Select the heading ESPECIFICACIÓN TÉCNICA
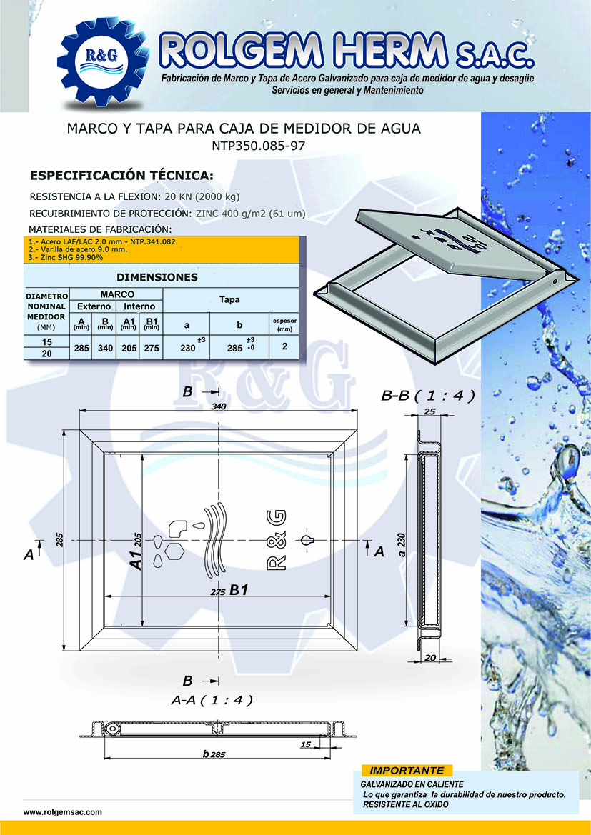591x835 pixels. [121, 176]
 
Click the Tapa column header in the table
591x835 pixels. [229, 300]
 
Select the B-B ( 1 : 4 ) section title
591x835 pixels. [428, 396]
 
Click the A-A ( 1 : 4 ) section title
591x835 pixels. [212, 701]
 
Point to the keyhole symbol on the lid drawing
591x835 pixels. [308, 540]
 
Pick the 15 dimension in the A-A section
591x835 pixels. [306, 744]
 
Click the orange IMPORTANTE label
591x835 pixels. [407, 771]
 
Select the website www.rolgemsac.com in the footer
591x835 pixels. [63, 812]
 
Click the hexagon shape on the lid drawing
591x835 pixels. [175, 552]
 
